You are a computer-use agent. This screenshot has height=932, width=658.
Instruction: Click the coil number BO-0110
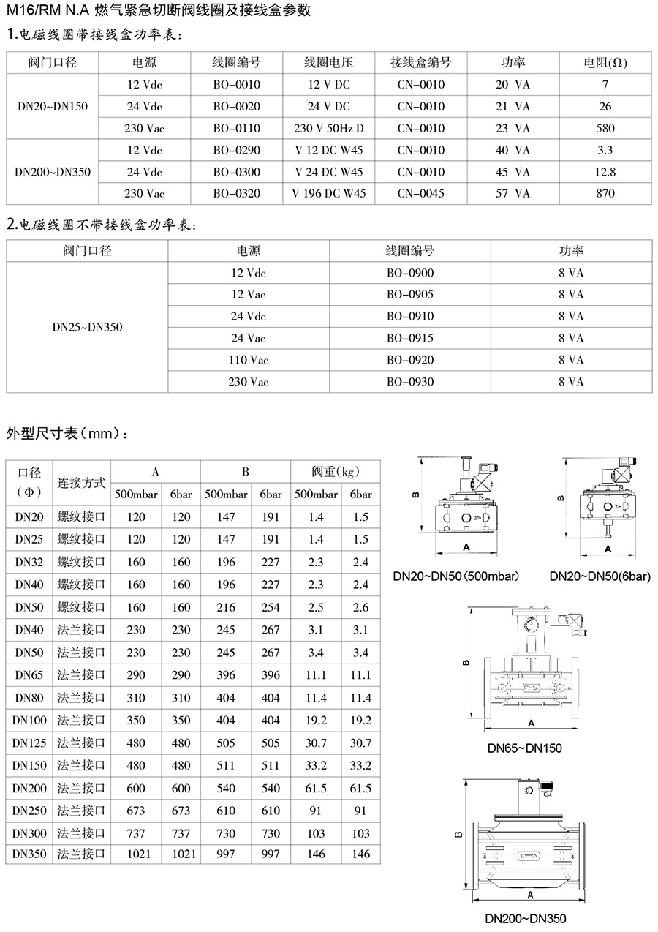(236, 128)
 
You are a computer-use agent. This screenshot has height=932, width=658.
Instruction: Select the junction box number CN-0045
(420, 194)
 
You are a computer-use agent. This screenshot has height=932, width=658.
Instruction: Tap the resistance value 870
(605, 194)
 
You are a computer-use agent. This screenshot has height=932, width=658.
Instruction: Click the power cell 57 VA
(513, 194)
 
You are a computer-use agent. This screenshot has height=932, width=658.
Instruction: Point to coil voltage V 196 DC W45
(328, 194)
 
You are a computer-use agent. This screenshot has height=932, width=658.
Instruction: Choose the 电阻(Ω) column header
(606, 63)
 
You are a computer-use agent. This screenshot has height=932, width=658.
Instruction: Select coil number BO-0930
(409, 382)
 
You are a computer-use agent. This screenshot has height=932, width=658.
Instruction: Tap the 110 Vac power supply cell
(249, 360)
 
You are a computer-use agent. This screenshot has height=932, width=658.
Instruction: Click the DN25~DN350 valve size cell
(87, 327)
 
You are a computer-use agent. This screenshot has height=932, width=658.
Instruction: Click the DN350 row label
(30, 854)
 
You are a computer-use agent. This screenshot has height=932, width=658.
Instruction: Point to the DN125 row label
(30, 743)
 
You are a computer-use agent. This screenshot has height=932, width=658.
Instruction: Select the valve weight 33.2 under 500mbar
(316, 766)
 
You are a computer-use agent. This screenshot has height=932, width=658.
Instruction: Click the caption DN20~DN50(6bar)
(600, 576)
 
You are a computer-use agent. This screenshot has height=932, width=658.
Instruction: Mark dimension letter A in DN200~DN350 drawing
(529, 894)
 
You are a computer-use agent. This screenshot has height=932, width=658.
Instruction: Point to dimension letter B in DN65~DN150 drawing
(466, 664)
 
